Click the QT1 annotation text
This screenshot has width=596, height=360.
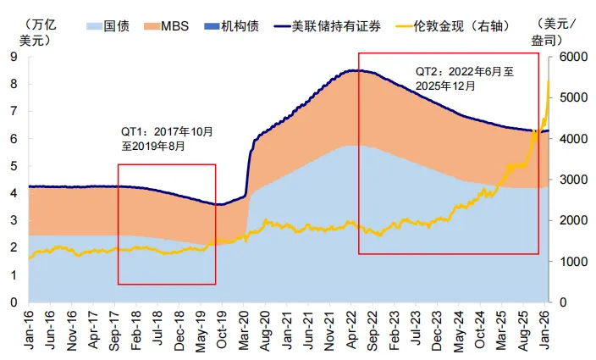pos(168,139)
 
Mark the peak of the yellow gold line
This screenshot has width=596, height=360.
pos(549,80)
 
